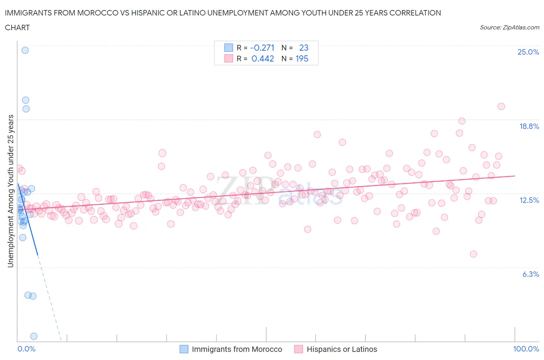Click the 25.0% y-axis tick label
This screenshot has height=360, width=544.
(x=528, y=52)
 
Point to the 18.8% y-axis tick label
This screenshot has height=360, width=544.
(x=529, y=126)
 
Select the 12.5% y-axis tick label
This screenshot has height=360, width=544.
(x=529, y=200)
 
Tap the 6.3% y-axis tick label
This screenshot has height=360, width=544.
(x=530, y=274)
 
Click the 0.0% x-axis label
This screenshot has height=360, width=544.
(x=26, y=349)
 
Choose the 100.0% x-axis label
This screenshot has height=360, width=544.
(x=526, y=349)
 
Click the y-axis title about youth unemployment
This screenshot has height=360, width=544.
(x=10, y=191)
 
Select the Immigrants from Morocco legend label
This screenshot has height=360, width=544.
(x=237, y=349)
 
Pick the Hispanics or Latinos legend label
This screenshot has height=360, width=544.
(x=342, y=349)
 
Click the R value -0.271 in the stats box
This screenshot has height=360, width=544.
(x=262, y=48)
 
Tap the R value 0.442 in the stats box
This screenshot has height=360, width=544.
(x=263, y=58)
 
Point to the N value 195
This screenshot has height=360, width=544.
(x=302, y=58)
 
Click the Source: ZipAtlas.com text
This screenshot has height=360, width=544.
(x=509, y=27)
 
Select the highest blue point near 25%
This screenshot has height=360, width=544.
(x=25, y=50)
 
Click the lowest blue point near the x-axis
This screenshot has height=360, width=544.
(x=34, y=336)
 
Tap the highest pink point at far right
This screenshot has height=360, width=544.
(x=501, y=106)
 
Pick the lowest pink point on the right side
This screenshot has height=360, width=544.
(x=473, y=254)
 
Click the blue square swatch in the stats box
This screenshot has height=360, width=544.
(x=229, y=48)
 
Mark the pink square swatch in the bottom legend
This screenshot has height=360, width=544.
(x=298, y=349)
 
